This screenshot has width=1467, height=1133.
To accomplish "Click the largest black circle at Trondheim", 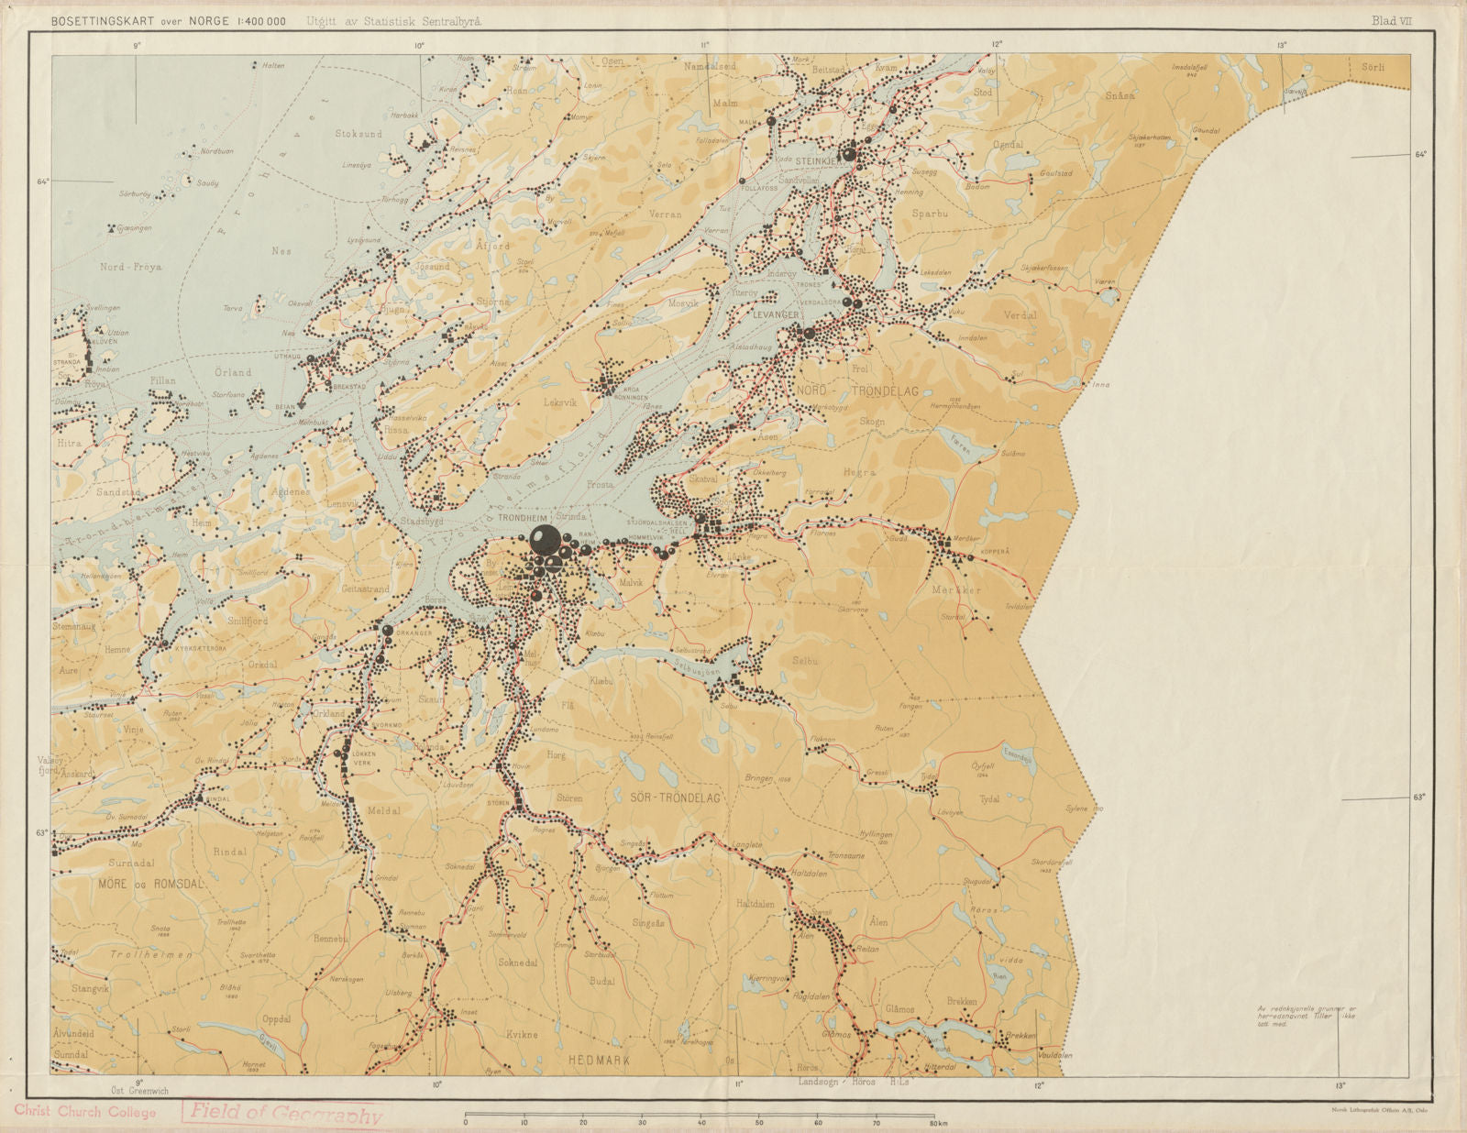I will click(544, 540).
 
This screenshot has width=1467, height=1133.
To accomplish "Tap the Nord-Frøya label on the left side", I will click(130, 268).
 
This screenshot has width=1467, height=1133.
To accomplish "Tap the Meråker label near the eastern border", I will click(956, 590).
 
